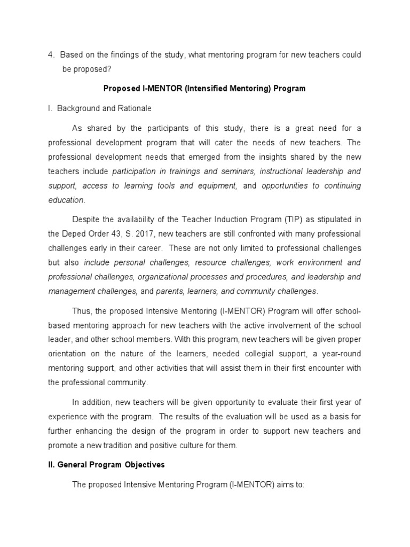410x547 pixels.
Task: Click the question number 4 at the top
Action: coord(50,55)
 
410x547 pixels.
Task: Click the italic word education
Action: coord(66,200)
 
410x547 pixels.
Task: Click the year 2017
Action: coord(130,234)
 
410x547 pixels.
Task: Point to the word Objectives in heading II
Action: coord(142,465)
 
